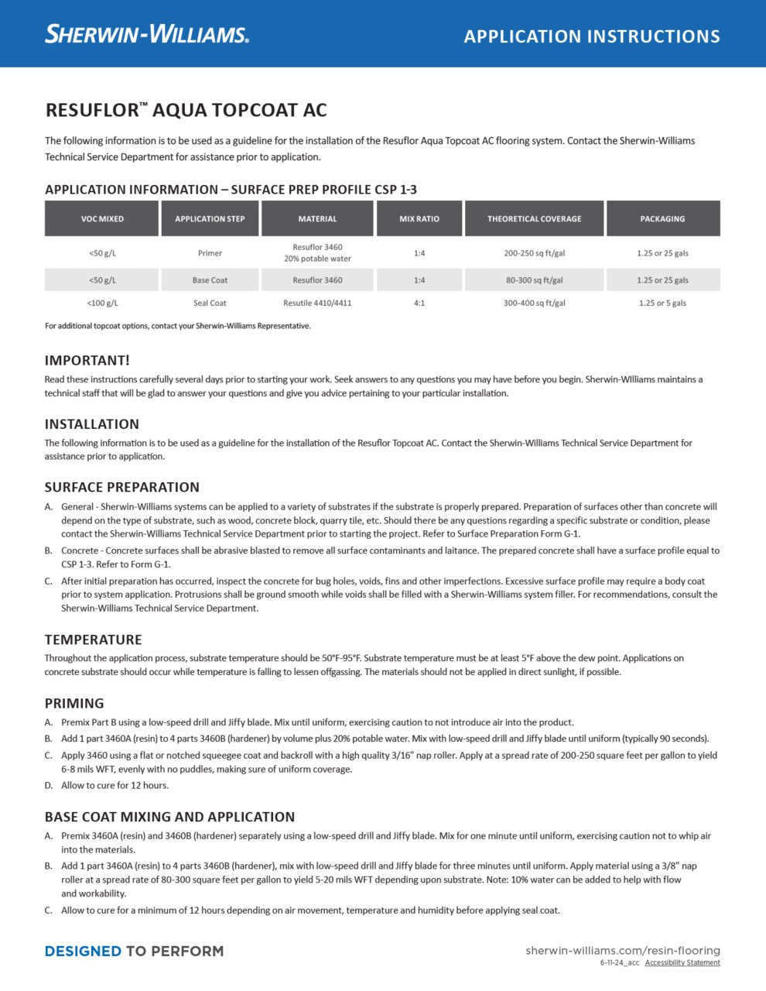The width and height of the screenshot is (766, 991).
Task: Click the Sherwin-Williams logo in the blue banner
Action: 147,35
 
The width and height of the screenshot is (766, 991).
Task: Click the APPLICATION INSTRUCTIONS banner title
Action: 592,36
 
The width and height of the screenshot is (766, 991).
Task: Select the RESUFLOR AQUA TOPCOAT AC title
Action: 186,110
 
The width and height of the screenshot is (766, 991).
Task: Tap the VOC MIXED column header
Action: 102,219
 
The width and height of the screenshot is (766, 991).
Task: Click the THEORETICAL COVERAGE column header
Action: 534,219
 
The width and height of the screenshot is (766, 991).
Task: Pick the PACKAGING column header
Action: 662,219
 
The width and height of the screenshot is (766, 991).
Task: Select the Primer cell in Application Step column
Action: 210,253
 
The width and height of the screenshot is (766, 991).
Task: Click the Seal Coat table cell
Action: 210,303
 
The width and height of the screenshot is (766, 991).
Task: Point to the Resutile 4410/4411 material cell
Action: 317,303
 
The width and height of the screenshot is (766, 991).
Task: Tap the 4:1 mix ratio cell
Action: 419,303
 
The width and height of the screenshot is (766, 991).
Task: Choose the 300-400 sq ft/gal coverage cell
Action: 534,303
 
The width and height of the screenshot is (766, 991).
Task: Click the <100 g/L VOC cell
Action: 102,303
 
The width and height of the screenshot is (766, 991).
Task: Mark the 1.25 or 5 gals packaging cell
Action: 662,303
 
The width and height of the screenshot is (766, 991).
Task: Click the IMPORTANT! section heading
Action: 87,361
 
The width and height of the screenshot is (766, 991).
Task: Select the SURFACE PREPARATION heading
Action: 122,488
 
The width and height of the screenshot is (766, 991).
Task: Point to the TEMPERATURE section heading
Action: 94,640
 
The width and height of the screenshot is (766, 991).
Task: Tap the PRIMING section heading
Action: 74,704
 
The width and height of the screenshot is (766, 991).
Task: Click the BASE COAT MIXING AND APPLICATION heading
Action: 169,818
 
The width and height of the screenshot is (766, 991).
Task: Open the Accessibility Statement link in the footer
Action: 682,963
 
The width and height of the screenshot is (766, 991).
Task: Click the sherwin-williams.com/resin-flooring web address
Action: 623,951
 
